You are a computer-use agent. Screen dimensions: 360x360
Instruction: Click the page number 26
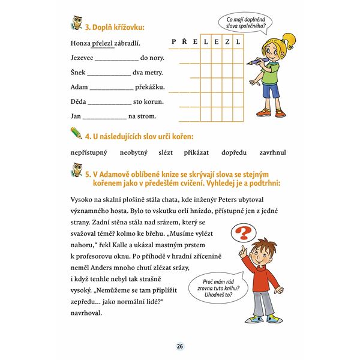[x=179, y=346]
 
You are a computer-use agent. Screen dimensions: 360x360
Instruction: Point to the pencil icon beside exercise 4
[x=76, y=133]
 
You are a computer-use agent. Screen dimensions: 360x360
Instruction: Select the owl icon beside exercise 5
[x=76, y=175]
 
